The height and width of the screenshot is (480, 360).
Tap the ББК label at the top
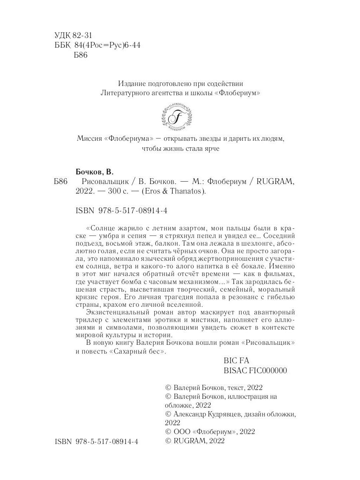61,45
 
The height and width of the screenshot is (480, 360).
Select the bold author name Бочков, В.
95,172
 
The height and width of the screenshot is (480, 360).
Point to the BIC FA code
237,361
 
